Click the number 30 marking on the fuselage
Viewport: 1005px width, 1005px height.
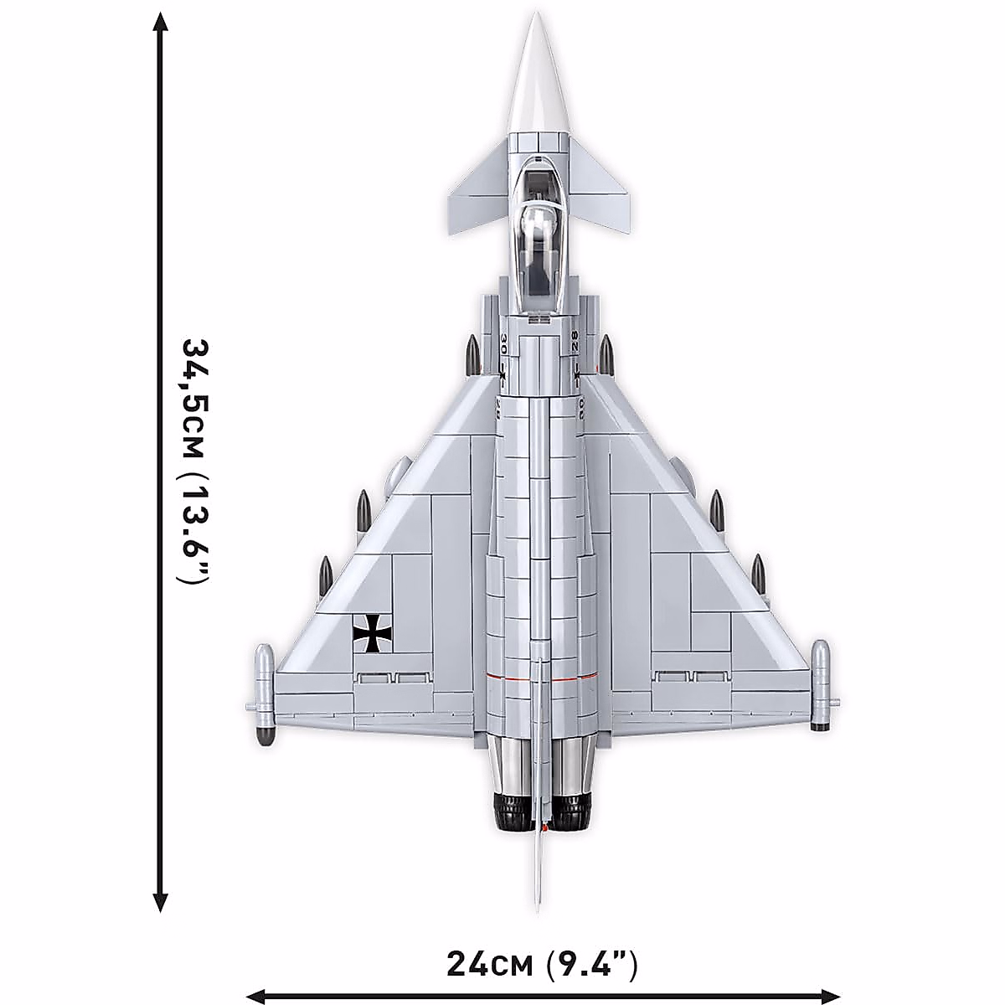pos(503,344)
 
